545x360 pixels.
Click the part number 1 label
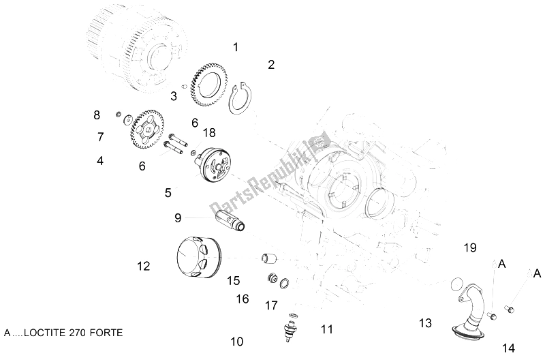236,48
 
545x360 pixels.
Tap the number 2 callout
271,65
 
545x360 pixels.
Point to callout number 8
97,115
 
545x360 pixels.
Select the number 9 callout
178,218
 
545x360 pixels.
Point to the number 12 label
143,267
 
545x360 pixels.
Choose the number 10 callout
236,341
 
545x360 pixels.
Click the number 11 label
327,330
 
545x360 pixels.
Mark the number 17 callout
271,305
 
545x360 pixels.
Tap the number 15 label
234,280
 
